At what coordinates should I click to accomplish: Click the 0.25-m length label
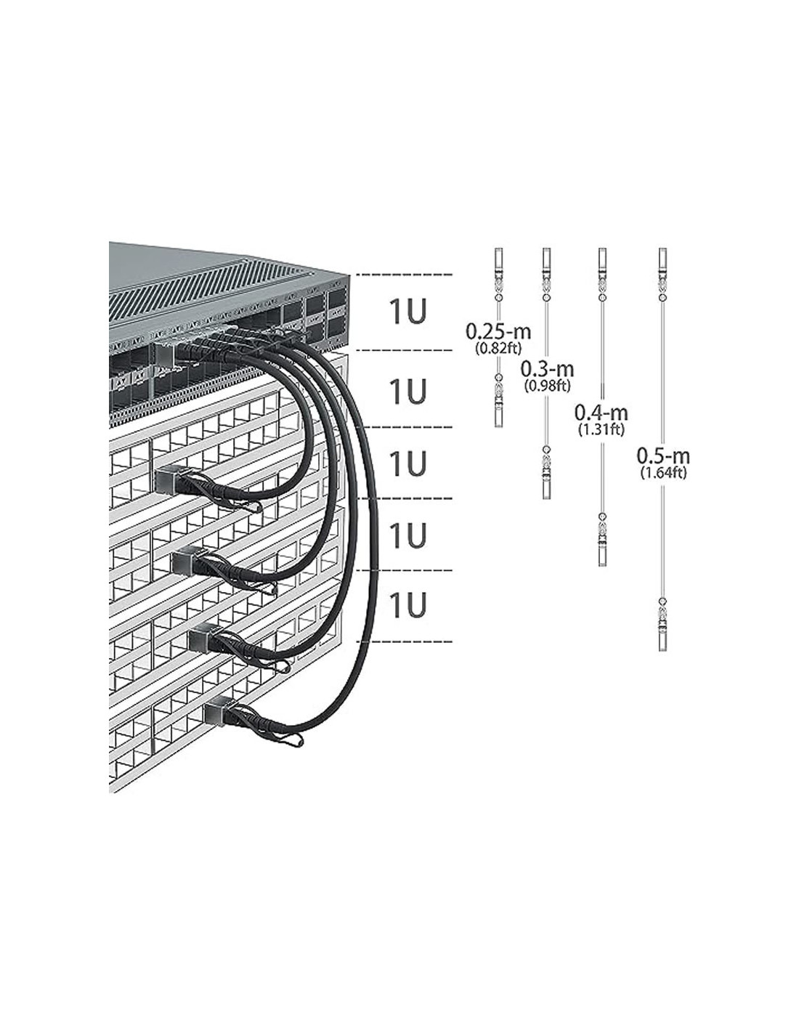coord(498,332)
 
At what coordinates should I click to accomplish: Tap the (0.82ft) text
coord(498,347)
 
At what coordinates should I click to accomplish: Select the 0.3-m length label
coord(547,370)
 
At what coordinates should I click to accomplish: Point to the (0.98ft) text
coord(547,385)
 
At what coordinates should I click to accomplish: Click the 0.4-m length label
coord(601,413)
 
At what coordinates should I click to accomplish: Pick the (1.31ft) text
coord(601,429)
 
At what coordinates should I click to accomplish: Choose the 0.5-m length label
coord(662,456)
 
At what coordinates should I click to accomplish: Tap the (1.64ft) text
coord(662,472)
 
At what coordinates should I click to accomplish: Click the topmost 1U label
coord(407,312)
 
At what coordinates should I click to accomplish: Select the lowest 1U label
coord(407,605)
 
